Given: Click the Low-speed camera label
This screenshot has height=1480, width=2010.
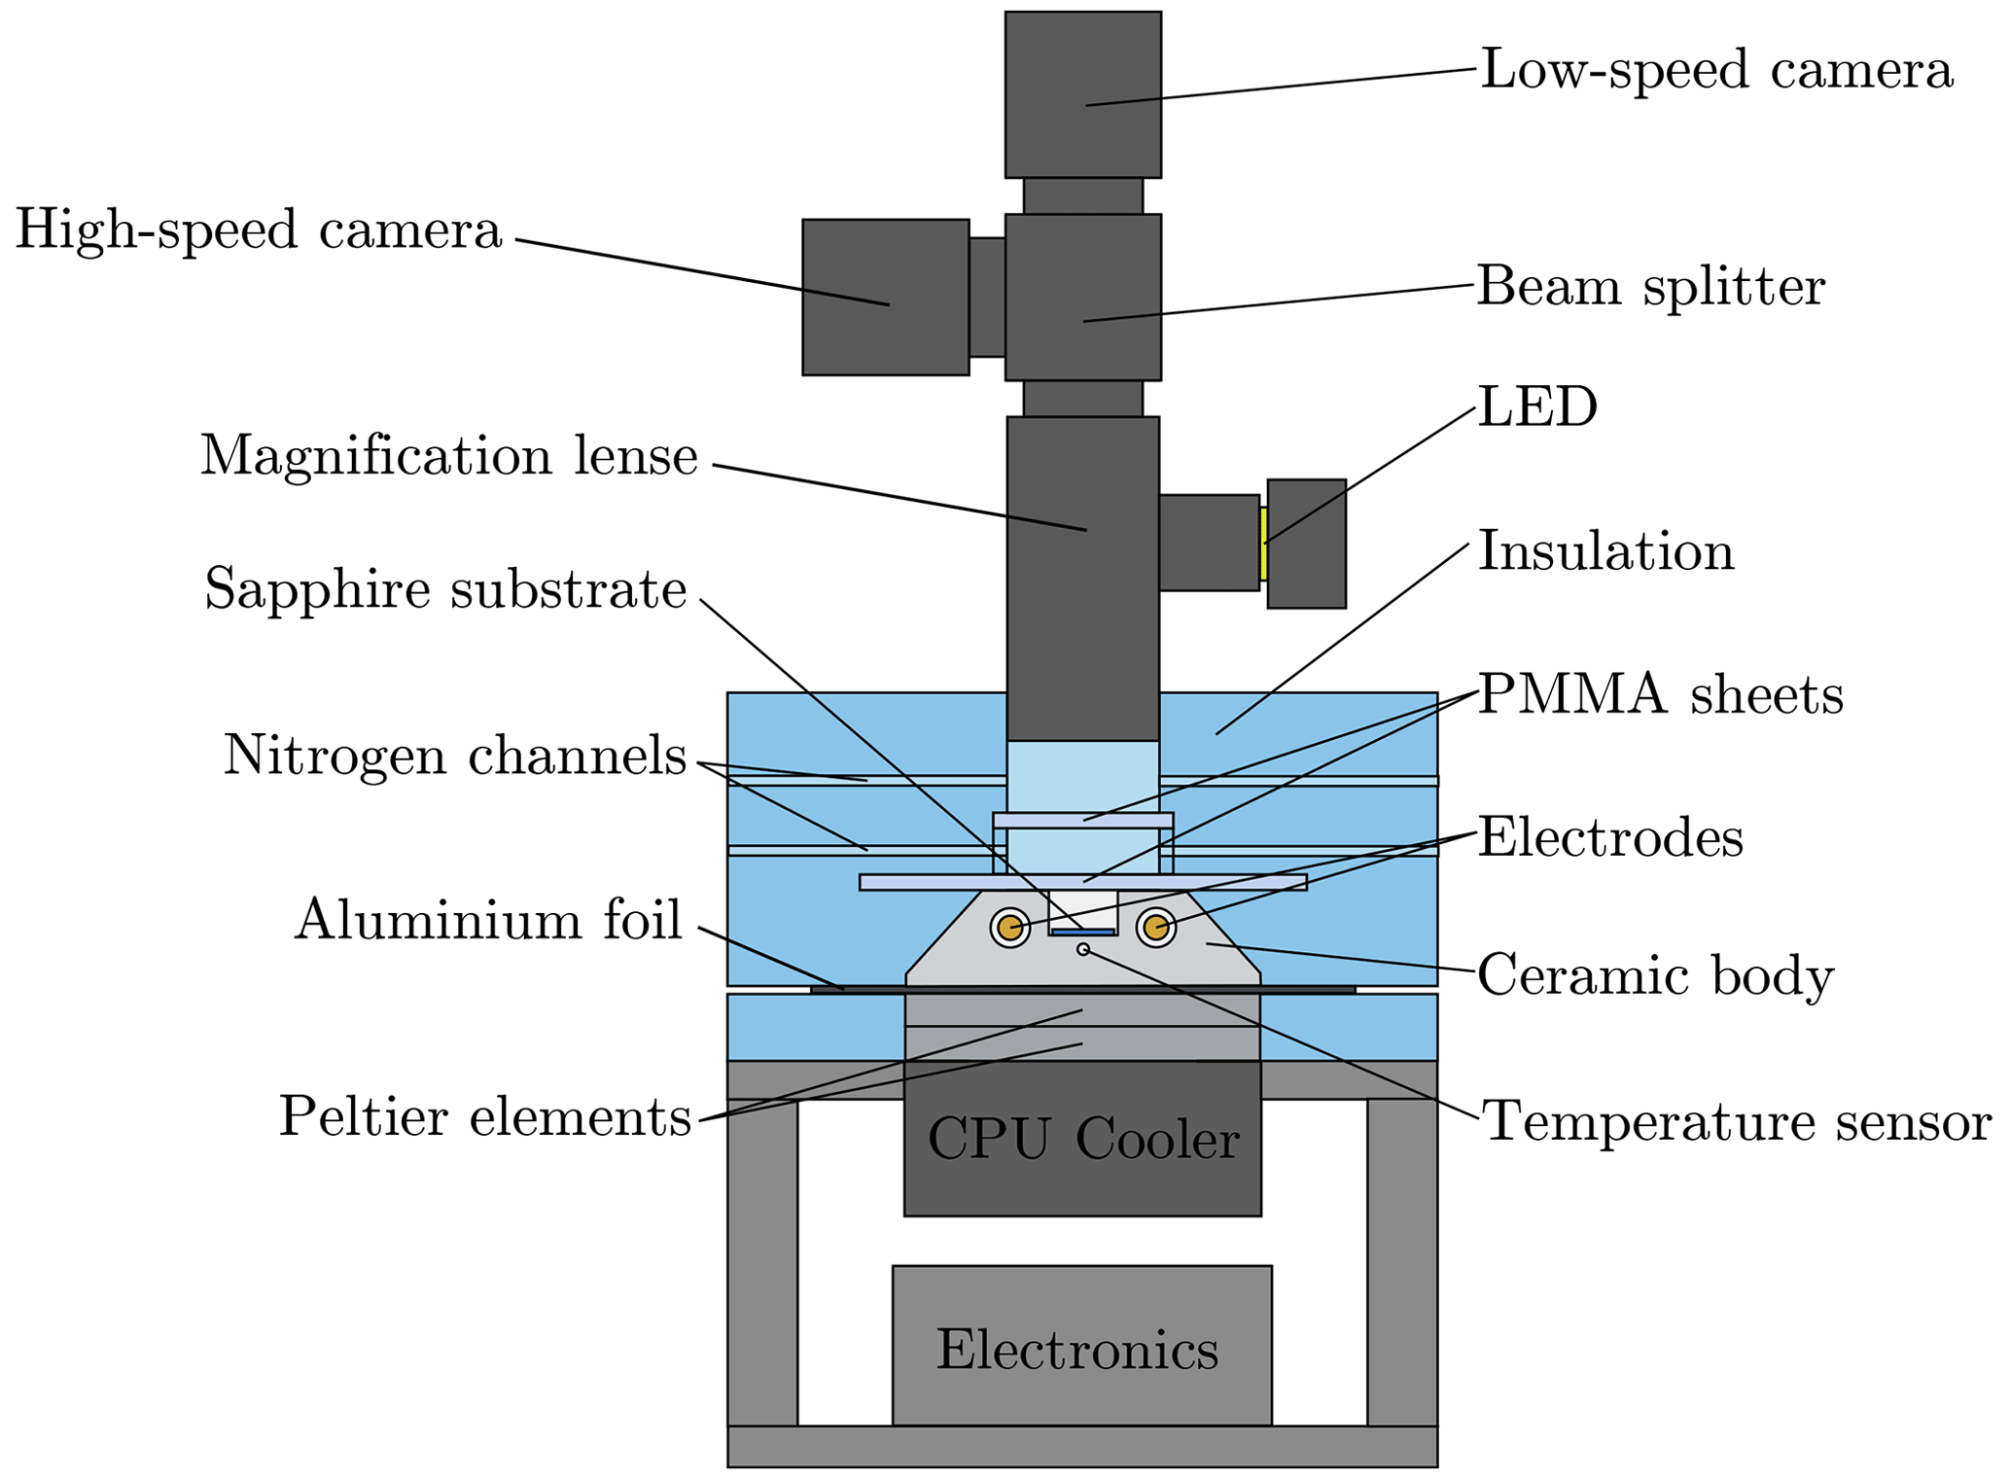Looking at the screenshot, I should [1715, 71].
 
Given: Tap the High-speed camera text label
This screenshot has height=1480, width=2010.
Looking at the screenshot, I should [259, 231].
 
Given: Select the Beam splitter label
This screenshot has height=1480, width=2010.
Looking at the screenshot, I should [1650, 288].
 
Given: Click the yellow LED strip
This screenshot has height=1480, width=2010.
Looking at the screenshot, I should [1263, 544].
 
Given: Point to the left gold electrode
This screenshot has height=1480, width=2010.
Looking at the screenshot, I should [1010, 928].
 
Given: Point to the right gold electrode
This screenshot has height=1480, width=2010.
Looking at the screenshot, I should [1155, 928].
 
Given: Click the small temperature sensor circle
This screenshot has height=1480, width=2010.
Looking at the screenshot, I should [1082, 949].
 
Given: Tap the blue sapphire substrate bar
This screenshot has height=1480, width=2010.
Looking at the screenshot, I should [1082, 932].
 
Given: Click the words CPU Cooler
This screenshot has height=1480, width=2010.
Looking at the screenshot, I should [1082, 1140].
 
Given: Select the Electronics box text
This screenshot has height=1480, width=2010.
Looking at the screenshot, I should [1077, 1351].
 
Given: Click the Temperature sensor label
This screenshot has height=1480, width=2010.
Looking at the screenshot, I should [1736, 1122].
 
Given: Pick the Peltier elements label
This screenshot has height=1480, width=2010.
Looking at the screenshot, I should [485, 1117].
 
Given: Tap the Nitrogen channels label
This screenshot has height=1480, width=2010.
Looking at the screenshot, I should [455, 757].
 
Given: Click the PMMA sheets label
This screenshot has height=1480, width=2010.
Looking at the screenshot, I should [1660, 696].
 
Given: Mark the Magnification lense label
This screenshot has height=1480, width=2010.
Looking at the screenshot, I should [449, 456].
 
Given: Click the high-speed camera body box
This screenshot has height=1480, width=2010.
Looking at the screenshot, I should [885, 297].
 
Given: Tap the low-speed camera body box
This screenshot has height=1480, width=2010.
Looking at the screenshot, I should [1082, 93].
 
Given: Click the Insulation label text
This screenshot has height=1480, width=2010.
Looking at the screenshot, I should [1605, 552].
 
